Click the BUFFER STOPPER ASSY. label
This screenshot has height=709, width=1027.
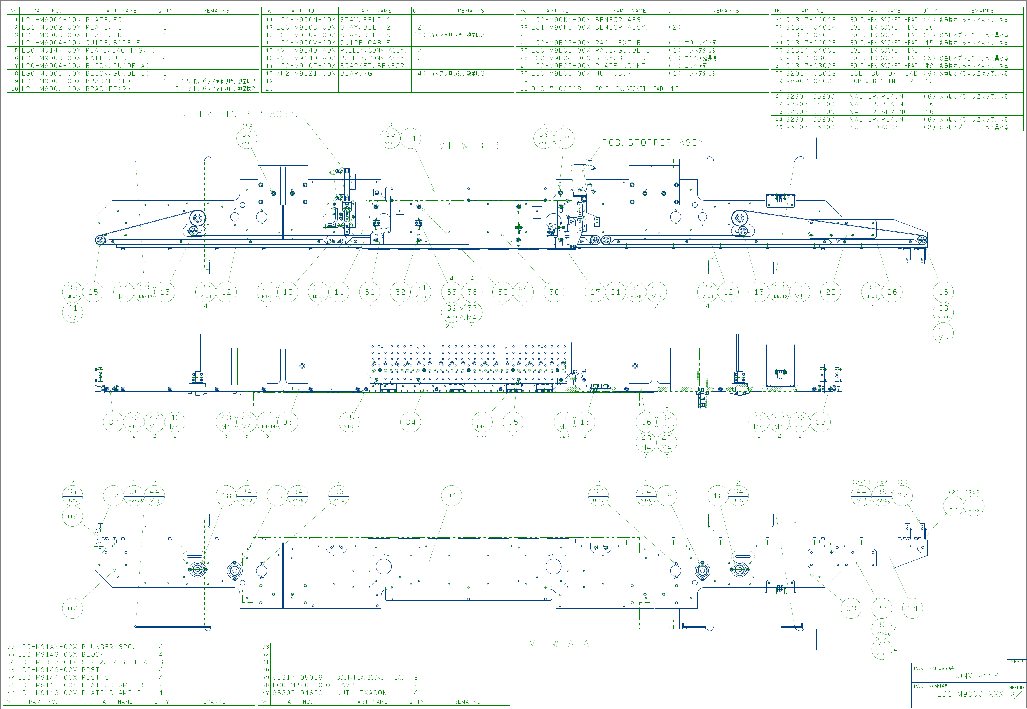tap(236, 114)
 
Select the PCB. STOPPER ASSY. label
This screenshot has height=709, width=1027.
tap(654, 143)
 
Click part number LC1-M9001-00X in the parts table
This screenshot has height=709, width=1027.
tap(51, 20)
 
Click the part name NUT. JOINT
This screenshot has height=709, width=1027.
tap(615, 73)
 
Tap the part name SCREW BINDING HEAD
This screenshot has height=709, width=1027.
tap(884, 81)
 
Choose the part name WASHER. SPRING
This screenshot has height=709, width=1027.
tap(876, 112)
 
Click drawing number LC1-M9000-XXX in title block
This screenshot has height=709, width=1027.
tap(970, 694)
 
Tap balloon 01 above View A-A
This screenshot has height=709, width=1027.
tap(452, 496)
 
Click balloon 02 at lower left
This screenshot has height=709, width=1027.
tap(73, 609)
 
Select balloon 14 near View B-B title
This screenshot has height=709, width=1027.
tap(411, 139)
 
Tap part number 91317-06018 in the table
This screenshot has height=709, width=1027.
tap(556, 89)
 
